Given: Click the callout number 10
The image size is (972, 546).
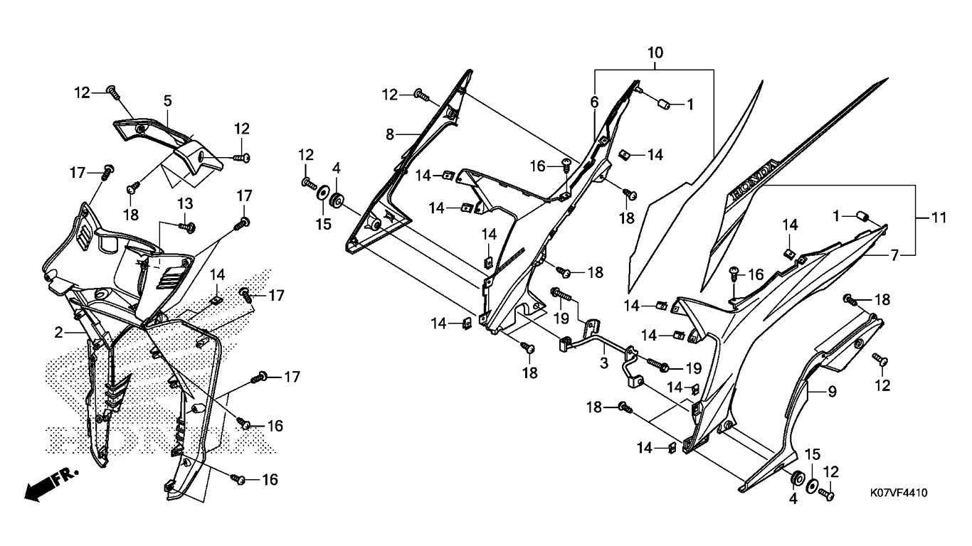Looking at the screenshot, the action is click(x=655, y=53).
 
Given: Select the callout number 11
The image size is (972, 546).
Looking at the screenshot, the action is click(x=939, y=218).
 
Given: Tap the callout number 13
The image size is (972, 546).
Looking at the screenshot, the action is click(x=185, y=203).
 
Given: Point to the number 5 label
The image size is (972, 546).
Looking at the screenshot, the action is click(x=167, y=101).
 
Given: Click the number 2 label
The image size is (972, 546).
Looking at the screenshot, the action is click(x=58, y=333).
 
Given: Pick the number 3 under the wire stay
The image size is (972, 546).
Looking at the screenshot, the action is click(x=604, y=363).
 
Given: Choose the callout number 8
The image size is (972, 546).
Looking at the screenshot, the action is click(x=390, y=135).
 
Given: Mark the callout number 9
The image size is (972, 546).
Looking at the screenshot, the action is click(x=832, y=392).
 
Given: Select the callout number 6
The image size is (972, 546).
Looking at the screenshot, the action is click(x=594, y=102).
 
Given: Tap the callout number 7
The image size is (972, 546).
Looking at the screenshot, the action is click(x=894, y=255).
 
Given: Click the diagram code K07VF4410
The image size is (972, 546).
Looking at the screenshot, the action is click(x=899, y=493).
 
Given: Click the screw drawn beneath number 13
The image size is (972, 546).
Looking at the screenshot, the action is click(x=187, y=226).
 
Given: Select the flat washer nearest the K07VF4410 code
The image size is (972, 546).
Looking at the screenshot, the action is click(x=812, y=486).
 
